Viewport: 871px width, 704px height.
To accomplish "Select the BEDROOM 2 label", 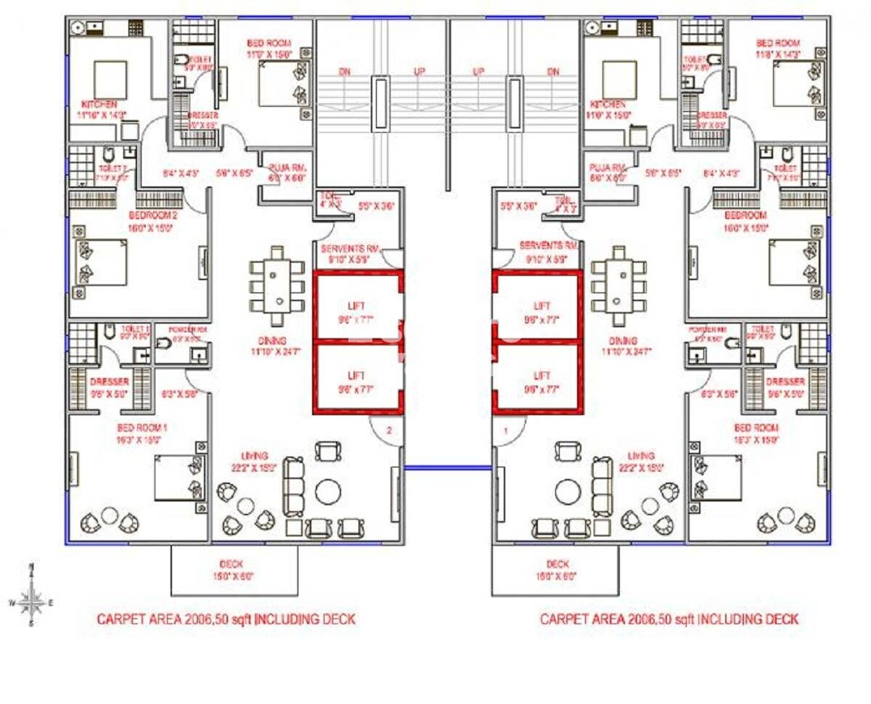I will coord(153,216).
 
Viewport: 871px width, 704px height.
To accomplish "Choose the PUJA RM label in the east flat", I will coord(608,167).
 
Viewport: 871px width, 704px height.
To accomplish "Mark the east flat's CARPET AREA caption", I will coord(668,619).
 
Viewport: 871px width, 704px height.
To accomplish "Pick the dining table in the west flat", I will coord(276,287).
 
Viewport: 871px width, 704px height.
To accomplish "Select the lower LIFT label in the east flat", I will coord(541,376).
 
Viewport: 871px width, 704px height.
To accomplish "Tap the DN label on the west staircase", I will coord(345,72).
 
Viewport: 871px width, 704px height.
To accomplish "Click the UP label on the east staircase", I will coord(478,72).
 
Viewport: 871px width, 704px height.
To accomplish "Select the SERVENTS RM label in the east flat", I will coord(548,247).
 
